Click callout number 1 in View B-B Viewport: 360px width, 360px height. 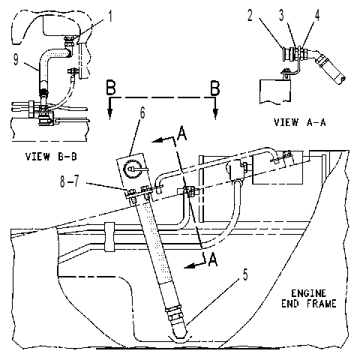109,16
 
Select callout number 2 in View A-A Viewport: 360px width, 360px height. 250,16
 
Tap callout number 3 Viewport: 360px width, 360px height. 281,16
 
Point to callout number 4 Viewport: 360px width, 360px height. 316,16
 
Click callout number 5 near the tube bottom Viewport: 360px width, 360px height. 245,274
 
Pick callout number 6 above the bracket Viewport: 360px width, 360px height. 142,113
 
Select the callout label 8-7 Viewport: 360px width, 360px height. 70,181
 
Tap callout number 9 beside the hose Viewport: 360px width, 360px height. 16,60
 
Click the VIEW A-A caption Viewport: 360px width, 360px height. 299,122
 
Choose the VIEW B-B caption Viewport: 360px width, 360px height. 51,157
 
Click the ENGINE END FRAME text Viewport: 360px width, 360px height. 309,298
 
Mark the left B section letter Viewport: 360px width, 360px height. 111,87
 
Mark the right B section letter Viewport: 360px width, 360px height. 215,88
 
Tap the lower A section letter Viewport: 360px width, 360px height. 213,259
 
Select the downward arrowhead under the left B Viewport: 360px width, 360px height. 109,114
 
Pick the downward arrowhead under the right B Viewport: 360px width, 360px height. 215,114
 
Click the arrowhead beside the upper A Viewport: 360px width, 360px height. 157,141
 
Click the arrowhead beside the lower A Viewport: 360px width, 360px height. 190,267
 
